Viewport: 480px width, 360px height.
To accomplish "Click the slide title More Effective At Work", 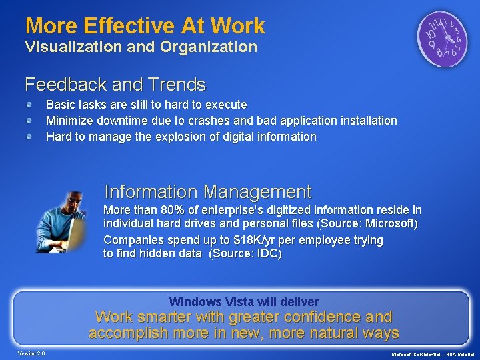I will coord(145,26).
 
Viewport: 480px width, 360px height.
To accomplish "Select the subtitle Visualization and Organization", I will coord(141,47).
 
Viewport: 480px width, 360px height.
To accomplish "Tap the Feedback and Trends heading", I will coord(115,85).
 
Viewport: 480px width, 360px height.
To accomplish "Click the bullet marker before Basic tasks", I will coord(31,105).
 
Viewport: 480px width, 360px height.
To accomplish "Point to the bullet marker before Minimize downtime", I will coord(31,121).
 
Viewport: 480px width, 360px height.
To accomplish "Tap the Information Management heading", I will coord(208,192).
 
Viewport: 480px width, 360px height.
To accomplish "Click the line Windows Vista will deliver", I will coord(244,301).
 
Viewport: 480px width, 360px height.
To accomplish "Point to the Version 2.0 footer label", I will coord(32,353).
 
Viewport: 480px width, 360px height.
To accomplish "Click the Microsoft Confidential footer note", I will coord(433,353).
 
